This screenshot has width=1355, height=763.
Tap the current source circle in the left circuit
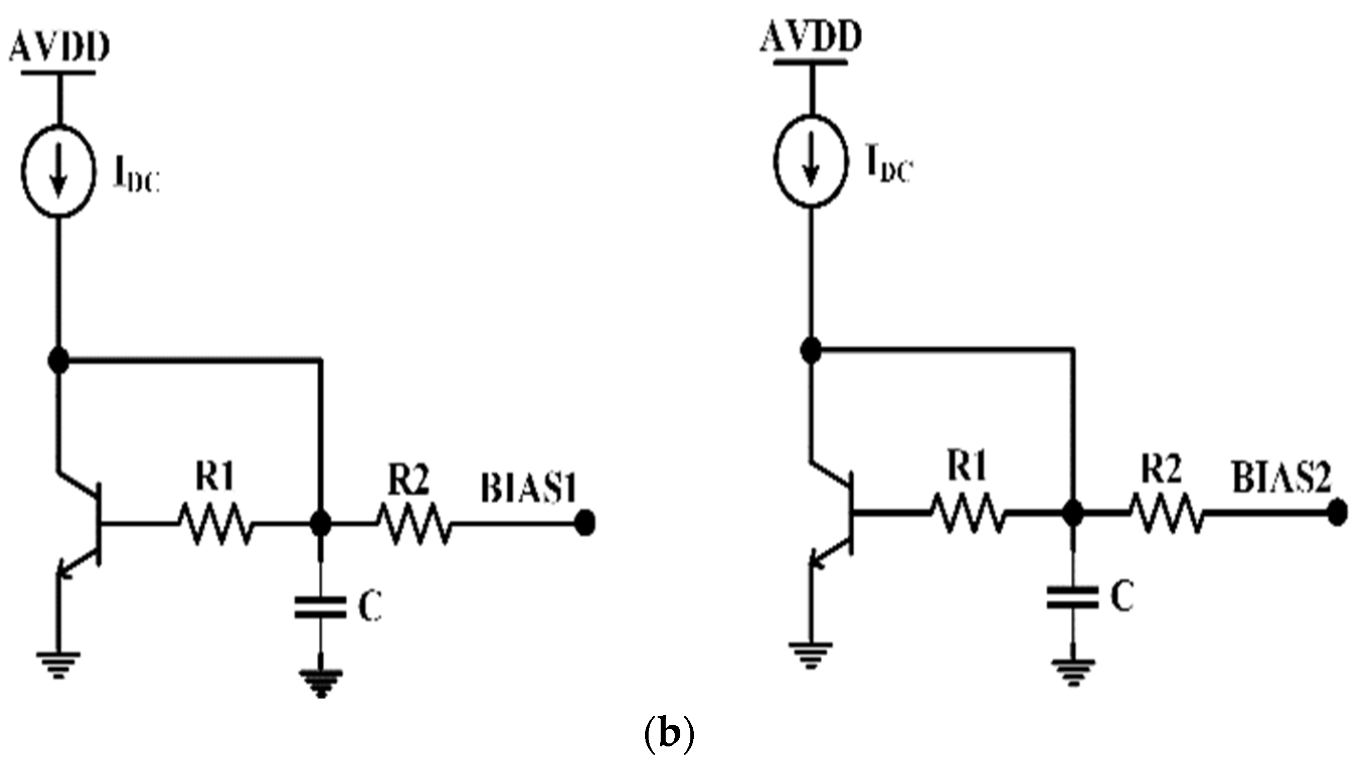pyautogui.click(x=59, y=171)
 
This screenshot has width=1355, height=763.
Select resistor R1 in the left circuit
pyautogui.click(x=216, y=523)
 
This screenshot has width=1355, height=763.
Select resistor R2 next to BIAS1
pyautogui.click(x=413, y=523)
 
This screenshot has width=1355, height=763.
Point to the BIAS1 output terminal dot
pyautogui.click(x=584, y=524)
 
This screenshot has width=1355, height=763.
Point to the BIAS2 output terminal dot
pyautogui.click(x=1336, y=513)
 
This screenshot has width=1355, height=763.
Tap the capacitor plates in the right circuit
pyautogui.click(x=1072, y=597)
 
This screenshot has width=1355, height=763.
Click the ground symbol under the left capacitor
pyautogui.click(x=321, y=681)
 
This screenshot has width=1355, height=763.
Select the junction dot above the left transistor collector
pyautogui.click(x=58, y=361)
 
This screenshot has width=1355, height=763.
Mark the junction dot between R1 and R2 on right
pyautogui.click(x=1072, y=513)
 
